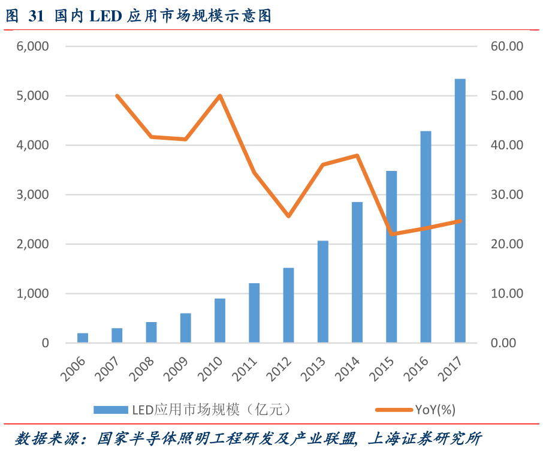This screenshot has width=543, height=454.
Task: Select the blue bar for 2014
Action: pos(357,273)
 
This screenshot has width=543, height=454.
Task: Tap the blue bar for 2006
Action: pos(83,338)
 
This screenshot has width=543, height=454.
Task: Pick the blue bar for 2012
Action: pos(288,305)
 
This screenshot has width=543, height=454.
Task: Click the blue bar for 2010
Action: pos(220,321)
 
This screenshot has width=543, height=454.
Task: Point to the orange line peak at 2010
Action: pos(220,96)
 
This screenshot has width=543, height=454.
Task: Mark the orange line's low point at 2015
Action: pos(391,234)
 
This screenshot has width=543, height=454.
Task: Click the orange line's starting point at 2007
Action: pos(117,96)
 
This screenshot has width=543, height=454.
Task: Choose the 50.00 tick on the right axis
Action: pos(507,96)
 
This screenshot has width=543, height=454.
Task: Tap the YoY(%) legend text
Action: pos(435,410)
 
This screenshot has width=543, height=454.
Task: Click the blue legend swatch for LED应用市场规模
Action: pos(111,410)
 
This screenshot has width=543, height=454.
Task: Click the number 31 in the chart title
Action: pos(36,16)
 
